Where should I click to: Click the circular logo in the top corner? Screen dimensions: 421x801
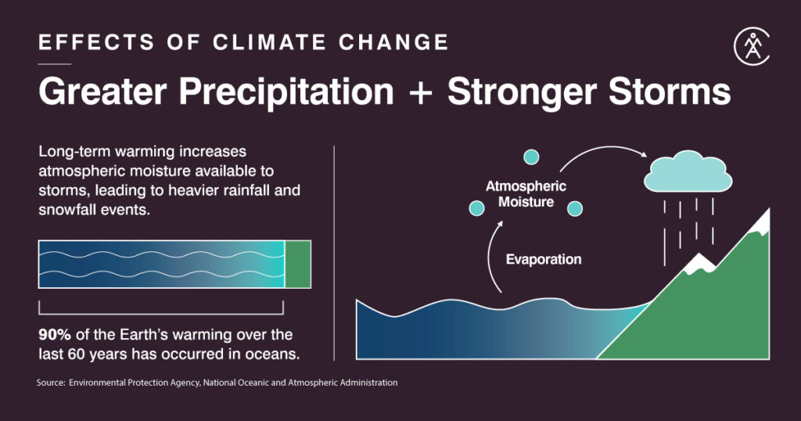pos(752,49)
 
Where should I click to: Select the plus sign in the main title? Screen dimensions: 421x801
pos(420,93)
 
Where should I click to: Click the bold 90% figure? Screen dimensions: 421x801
pos(55,335)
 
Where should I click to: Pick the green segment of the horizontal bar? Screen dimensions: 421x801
pos(297,264)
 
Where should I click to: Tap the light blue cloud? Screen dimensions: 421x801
pos(688,174)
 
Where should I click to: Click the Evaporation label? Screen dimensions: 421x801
pos(543,260)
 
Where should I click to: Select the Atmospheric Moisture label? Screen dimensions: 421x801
pos(526,194)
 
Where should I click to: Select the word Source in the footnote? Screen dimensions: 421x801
pos(49,383)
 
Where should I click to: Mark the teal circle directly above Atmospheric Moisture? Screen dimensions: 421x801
pos(531,157)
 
